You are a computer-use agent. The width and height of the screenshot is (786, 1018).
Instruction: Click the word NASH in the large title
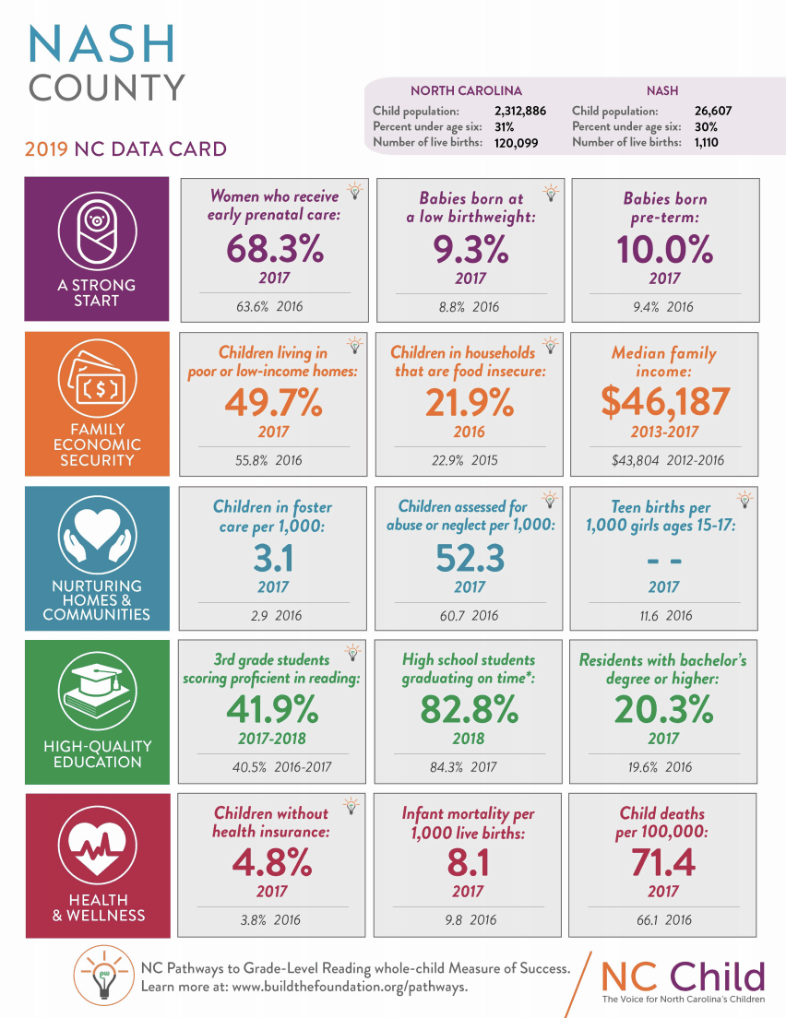coord(102,42)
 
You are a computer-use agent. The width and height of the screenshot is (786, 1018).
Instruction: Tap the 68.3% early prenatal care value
coord(274,249)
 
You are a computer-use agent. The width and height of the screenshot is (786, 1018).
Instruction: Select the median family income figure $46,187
coord(664,402)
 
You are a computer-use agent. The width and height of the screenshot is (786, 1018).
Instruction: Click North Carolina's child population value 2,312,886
coord(514,111)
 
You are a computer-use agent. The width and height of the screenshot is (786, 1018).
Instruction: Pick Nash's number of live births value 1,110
coord(706,142)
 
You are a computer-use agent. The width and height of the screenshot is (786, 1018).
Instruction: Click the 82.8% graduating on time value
coord(468,710)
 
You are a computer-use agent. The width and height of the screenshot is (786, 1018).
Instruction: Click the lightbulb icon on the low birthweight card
coord(551,192)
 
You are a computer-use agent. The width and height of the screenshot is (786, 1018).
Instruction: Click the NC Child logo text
coord(684,977)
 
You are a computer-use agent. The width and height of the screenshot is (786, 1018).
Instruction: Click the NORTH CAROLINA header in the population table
coord(466,91)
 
